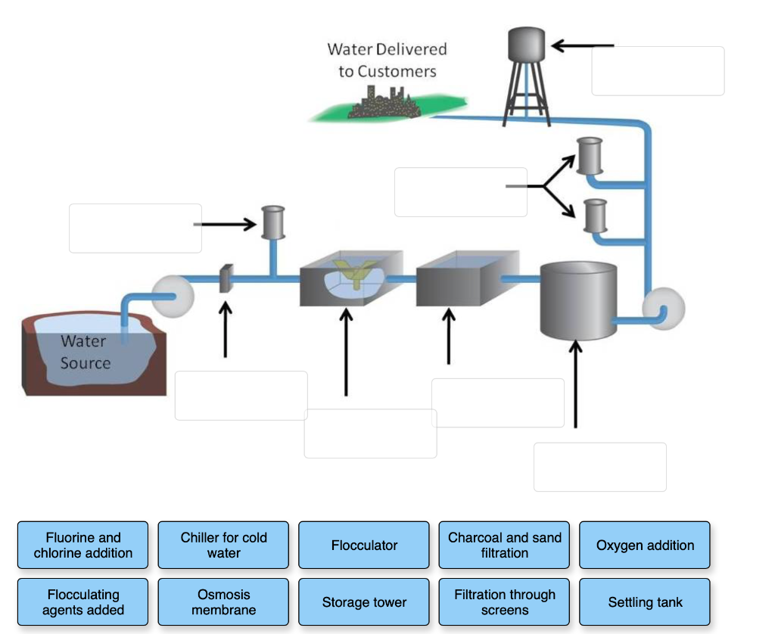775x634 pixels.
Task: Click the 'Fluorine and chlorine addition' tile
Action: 83,545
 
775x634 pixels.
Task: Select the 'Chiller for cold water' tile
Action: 223,545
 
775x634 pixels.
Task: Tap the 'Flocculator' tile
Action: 364,545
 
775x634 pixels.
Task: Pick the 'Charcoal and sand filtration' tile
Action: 505,545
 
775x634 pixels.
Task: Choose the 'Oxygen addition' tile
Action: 645,545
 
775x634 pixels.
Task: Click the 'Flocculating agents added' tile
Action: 83,602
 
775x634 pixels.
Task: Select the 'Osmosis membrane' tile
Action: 223,602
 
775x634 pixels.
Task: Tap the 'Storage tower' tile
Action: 364,602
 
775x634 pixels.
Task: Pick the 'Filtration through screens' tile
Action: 505,602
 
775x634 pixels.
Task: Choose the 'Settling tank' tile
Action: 645,602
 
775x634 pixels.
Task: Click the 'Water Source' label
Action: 85,353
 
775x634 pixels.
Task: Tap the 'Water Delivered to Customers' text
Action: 387,60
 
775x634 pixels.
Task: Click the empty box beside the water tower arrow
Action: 657,71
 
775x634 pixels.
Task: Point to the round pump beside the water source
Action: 173,296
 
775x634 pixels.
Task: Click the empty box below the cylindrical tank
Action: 599,467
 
